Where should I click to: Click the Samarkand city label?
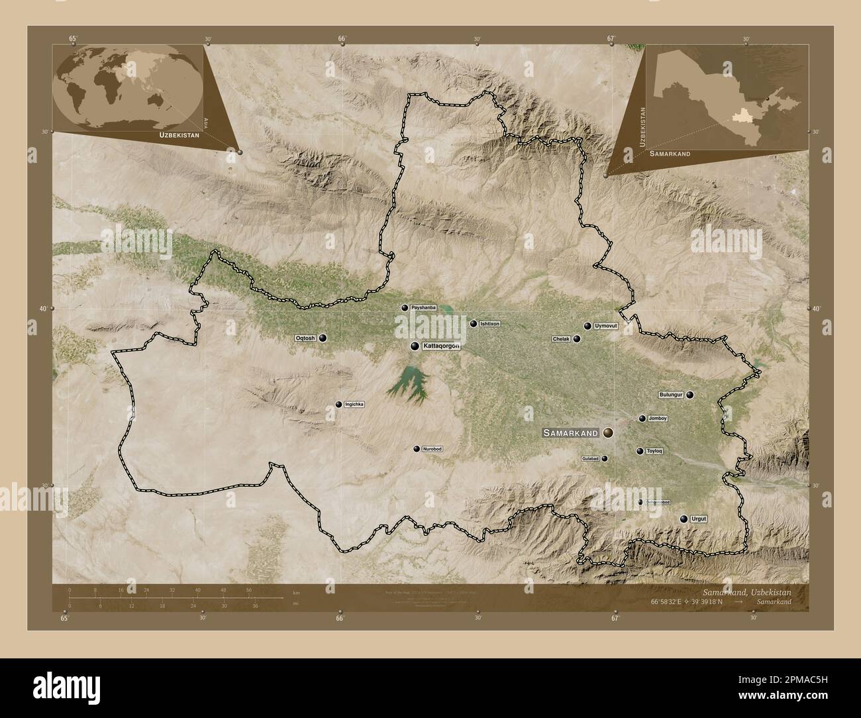(x=570, y=433)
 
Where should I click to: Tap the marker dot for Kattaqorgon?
(x=415, y=346)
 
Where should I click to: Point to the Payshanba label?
(x=423, y=308)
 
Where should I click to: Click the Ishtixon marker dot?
(x=473, y=324)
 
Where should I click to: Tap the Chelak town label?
(x=561, y=339)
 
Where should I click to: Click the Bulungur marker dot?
(x=690, y=395)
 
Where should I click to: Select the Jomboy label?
(x=658, y=419)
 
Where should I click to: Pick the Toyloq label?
(x=654, y=451)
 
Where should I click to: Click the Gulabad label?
(x=589, y=458)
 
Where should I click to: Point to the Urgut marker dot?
(x=684, y=519)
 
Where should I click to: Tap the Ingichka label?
(x=355, y=404)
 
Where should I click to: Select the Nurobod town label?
(x=432, y=449)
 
